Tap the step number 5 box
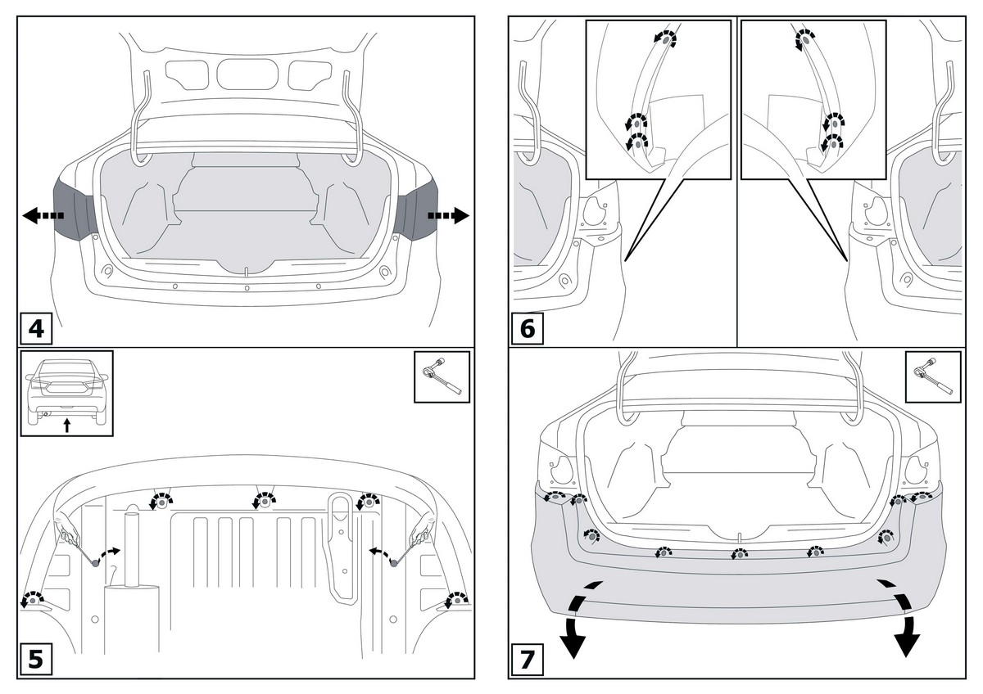point(36,660)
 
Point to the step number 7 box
point(528,660)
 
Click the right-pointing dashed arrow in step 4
point(448,216)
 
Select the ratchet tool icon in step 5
point(442,377)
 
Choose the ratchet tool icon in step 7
point(933,377)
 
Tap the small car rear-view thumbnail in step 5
point(66,393)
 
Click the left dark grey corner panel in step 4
point(74,210)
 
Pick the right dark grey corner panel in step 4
point(417,210)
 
